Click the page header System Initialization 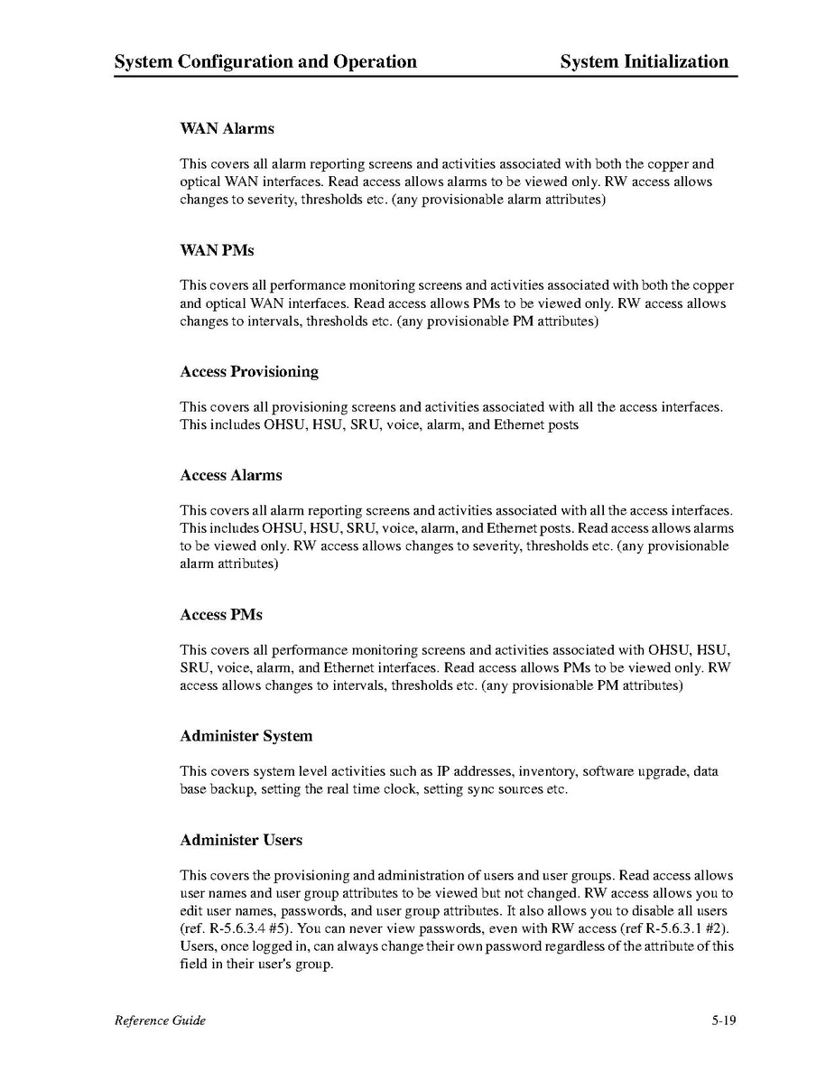pos(644,61)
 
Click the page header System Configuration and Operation pos(265,61)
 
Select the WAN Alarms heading pos(227,128)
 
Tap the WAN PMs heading pos(217,250)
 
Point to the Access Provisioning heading pos(249,371)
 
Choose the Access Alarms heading pos(231,475)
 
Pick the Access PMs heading pos(221,614)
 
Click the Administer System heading pos(246,736)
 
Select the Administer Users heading pos(241,840)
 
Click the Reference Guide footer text pos(160,1020)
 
